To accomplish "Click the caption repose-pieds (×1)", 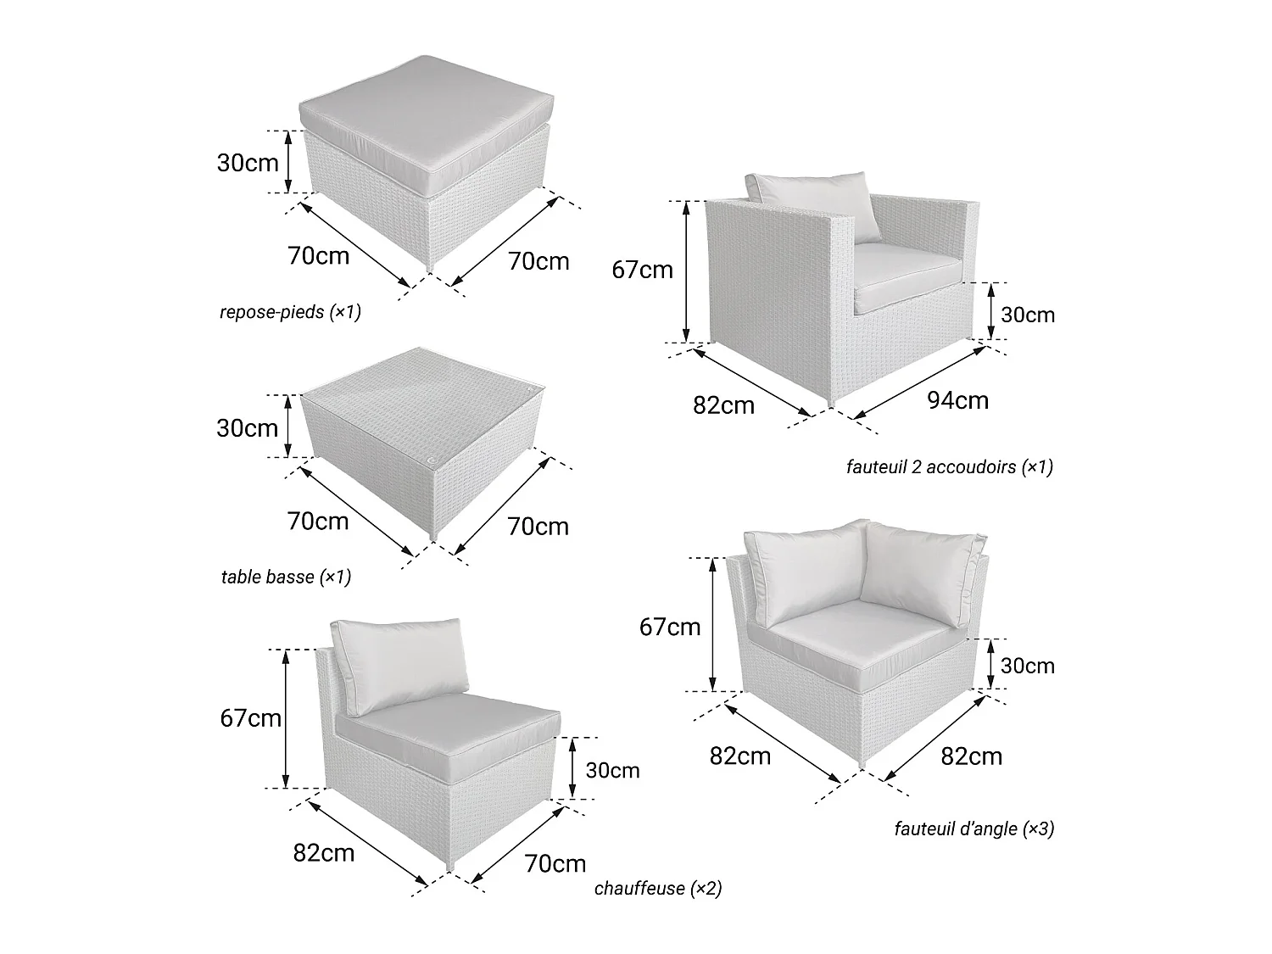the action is click(x=290, y=311).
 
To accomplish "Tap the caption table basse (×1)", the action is click(x=287, y=577).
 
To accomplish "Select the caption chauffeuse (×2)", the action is click(x=658, y=888).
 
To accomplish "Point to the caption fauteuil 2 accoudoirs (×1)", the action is click(x=950, y=467).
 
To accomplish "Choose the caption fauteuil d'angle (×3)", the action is click(x=974, y=828).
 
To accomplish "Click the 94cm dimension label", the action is click(x=958, y=400).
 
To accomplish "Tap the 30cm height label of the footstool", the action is click(x=248, y=163).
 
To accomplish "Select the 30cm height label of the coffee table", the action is click(x=248, y=428).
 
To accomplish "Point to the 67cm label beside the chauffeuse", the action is click(x=250, y=718).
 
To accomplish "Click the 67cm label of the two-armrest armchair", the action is click(x=643, y=270).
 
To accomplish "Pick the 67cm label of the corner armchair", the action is click(x=670, y=627).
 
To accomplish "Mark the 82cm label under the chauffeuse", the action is click(x=324, y=852).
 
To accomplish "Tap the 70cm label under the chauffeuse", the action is click(x=555, y=863).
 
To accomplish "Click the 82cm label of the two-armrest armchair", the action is click(x=724, y=405).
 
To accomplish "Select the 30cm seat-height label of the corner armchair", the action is click(x=1028, y=666).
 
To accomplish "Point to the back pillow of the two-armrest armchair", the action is click(x=812, y=204).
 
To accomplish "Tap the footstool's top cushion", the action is click(x=427, y=116).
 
